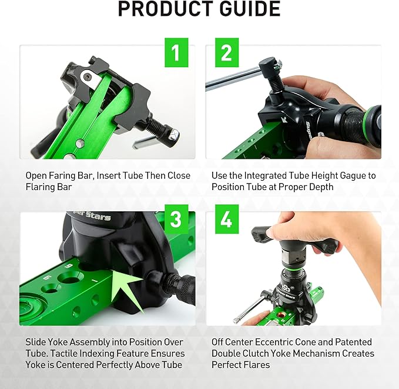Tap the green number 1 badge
[175, 55]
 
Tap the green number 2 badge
[226, 55]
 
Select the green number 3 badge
[175, 220]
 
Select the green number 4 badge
[226, 220]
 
